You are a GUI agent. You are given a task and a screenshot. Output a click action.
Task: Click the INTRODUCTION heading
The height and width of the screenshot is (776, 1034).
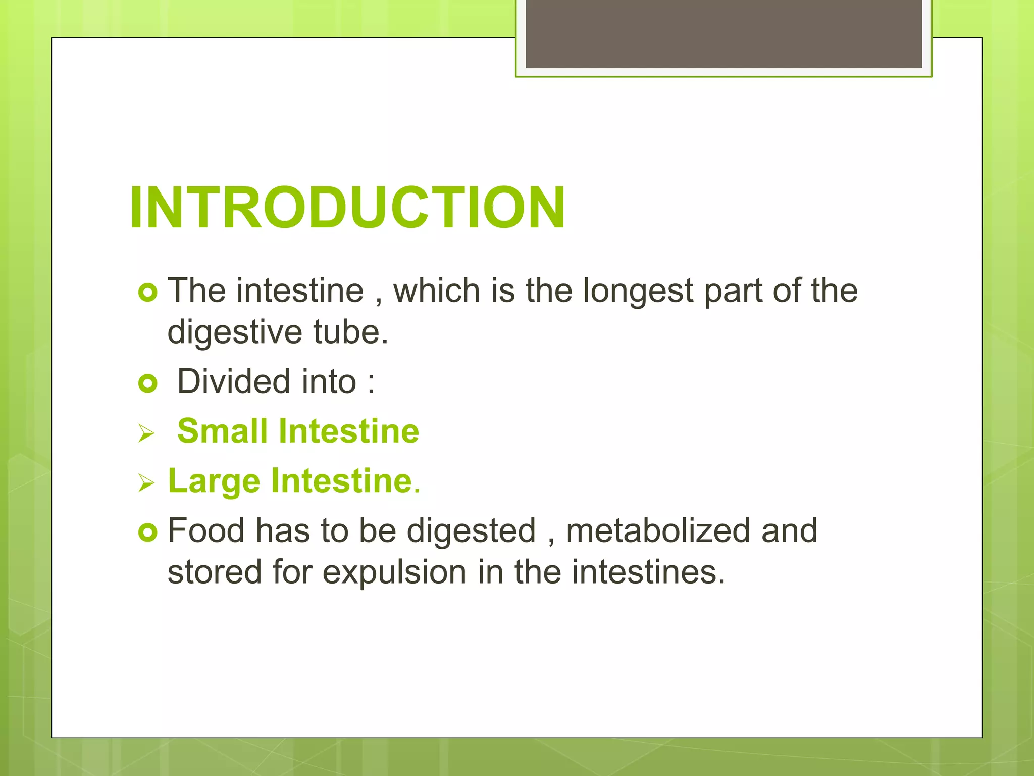pyautogui.click(x=347, y=208)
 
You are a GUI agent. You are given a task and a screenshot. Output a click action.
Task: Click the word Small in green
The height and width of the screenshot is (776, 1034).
pyautogui.click(x=222, y=431)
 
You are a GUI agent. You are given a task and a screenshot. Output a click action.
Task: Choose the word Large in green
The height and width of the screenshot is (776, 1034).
pyautogui.click(x=214, y=480)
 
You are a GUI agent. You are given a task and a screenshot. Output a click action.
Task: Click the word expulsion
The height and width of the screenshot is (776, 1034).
pyautogui.click(x=394, y=572)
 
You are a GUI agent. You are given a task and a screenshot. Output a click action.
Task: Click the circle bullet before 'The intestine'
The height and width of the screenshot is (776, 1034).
pyautogui.click(x=148, y=293)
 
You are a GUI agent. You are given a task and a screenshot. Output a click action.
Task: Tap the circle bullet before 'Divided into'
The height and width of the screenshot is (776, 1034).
pyautogui.click(x=148, y=384)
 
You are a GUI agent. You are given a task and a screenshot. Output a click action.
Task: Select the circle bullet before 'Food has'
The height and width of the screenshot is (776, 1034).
pyautogui.click(x=148, y=532)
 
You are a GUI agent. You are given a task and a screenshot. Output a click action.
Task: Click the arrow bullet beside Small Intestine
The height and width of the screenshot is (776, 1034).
pyautogui.click(x=146, y=433)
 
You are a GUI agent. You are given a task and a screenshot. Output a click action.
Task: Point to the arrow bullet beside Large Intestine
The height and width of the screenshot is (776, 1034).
pyautogui.click(x=146, y=483)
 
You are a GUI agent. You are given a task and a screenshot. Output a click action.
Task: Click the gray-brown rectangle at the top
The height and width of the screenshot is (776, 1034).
pyautogui.click(x=723, y=33)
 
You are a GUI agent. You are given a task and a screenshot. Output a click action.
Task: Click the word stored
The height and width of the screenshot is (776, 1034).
pyautogui.click(x=215, y=572)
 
